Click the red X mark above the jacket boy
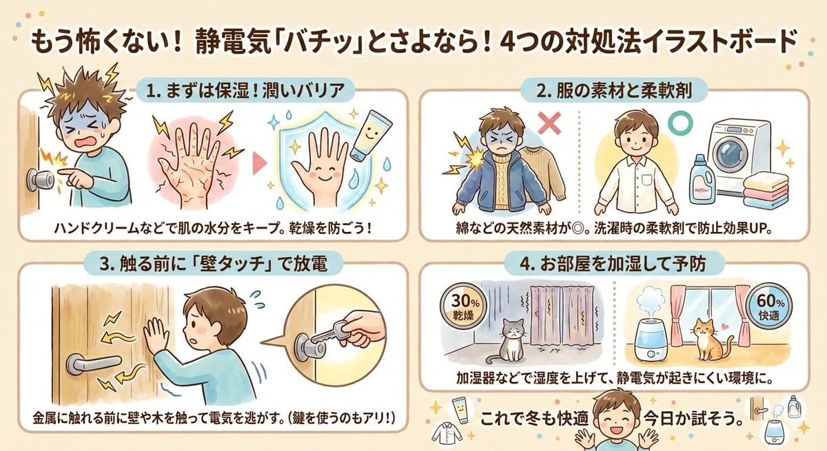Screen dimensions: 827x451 point(549,123)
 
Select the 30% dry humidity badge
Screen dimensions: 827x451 point(463,307)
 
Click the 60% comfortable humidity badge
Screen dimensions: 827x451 point(769,307)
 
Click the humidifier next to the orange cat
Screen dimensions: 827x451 point(651,332)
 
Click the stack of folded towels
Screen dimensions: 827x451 point(766,191)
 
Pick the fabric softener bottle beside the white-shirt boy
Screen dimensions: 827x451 point(702,180)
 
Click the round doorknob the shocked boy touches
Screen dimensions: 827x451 point(39,180)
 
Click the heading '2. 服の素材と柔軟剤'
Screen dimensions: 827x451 point(614,91)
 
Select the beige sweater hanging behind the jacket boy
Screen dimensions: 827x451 point(543,174)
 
